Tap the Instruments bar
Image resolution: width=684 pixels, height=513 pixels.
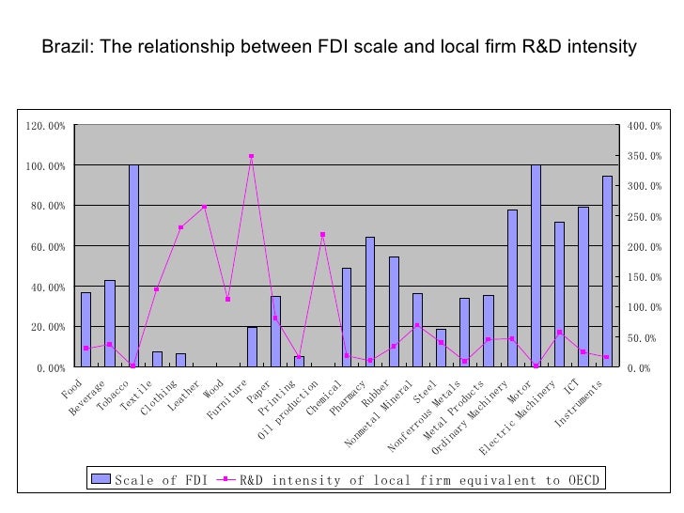(607, 272)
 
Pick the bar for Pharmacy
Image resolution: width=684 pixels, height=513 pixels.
(370, 302)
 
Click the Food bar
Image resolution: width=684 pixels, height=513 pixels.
(85, 330)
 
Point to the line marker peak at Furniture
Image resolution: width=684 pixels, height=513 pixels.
(252, 156)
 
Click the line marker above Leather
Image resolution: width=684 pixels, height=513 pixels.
(204, 207)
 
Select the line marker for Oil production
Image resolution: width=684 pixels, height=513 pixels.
(322, 234)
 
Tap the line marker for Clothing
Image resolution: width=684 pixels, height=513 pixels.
(180, 227)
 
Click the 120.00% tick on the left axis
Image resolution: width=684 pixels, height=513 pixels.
(46, 126)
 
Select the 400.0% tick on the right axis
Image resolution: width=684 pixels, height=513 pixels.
(645, 126)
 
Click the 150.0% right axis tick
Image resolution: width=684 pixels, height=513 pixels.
(645, 277)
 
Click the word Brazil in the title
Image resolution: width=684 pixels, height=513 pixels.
(67, 46)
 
